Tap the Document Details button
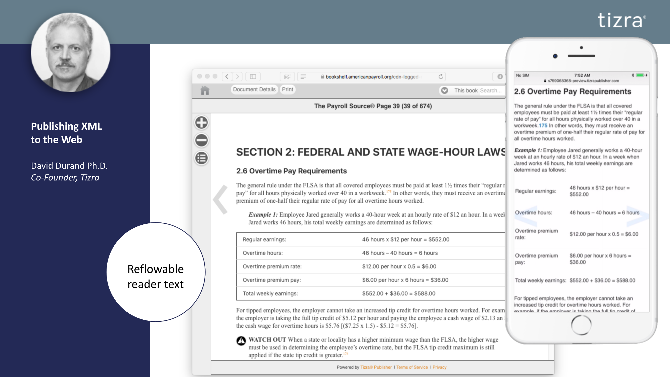tap(254, 89)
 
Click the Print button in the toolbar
tap(288, 89)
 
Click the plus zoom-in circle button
tap(201, 123)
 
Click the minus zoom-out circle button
tap(201, 140)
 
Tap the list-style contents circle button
tap(201, 158)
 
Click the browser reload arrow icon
tap(441, 76)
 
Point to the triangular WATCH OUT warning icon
tap(241, 341)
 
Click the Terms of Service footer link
tap(412, 367)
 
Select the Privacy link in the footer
tap(439, 367)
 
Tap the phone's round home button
tap(581, 325)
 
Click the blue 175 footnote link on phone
tap(543, 125)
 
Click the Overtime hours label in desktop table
tap(262, 253)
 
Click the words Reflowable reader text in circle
tap(156, 276)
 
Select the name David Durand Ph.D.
tap(69, 166)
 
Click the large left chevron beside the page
tap(221, 199)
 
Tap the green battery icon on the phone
tap(640, 75)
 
